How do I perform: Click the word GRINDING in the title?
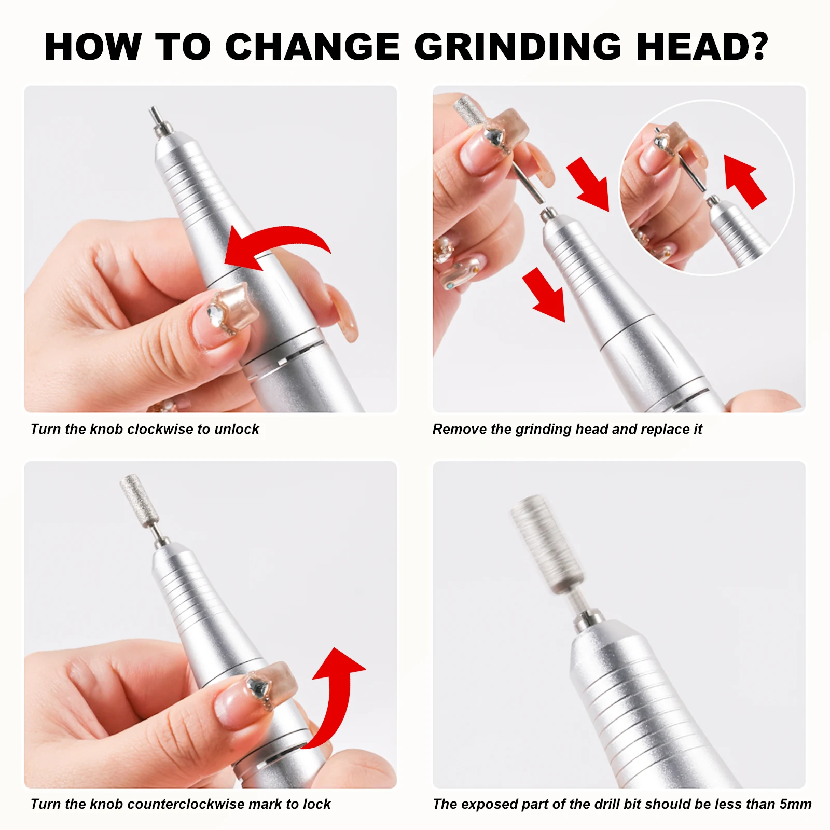[517, 47]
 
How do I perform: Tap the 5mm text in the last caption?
[795, 804]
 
